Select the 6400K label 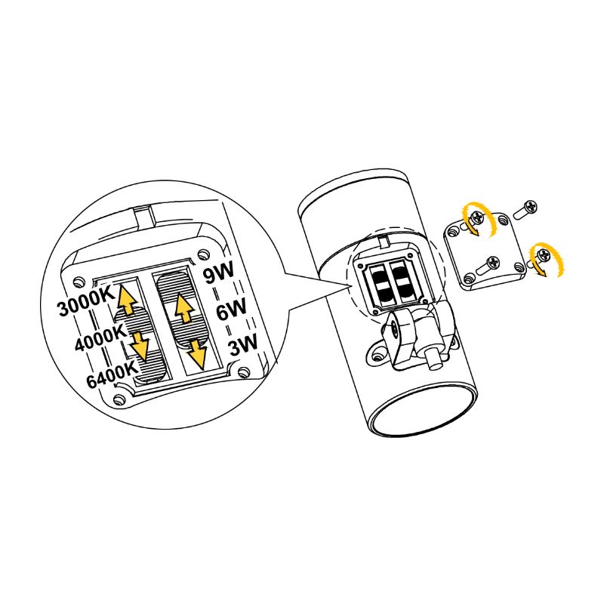pos(112,374)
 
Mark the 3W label pos(242,344)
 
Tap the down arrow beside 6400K pos(139,346)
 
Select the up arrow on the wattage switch pos(185,307)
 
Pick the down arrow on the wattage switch pos(197,353)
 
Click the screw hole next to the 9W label pos(203,254)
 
